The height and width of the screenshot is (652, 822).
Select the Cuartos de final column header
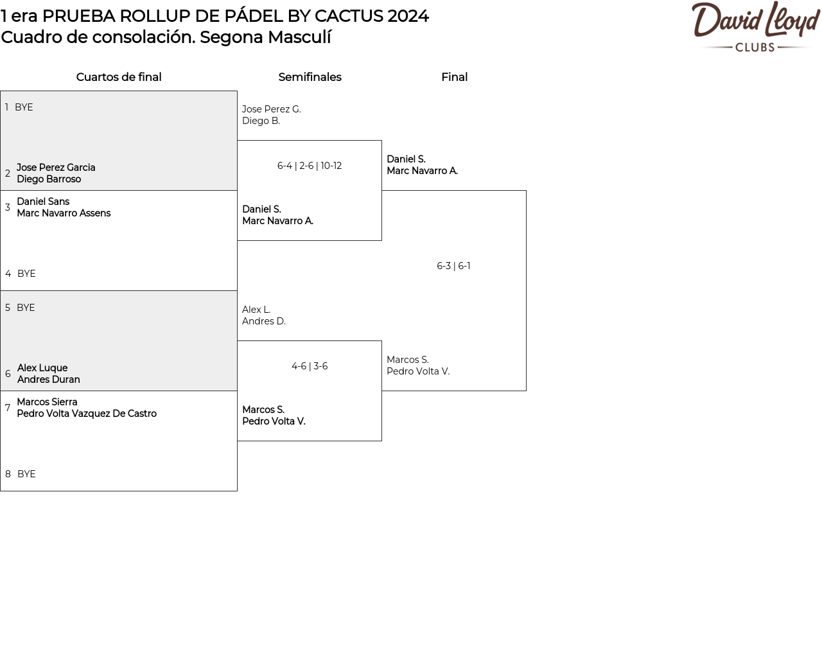(x=119, y=77)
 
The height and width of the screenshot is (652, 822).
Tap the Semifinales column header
(x=310, y=77)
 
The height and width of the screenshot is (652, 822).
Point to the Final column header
(x=454, y=77)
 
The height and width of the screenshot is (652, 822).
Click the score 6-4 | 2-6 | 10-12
(x=310, y=166)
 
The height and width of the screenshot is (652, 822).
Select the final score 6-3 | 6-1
(x=453, y=266)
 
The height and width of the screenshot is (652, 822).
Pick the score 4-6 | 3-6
(x=310, y=366)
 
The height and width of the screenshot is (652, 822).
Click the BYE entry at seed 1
(x=24, y=107)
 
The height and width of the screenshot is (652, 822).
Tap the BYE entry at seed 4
(x=26, y=274)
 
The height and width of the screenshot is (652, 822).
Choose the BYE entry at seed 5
(x=26, y=308)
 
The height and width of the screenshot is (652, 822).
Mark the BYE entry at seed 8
(x=26, y=474)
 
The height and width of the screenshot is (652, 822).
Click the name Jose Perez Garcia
(x=56, y=168)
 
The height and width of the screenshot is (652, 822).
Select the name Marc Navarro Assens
(x=64, y=213)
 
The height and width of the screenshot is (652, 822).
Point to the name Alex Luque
(x=42, y=368)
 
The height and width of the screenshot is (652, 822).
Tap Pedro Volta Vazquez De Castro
(x=87, y=414)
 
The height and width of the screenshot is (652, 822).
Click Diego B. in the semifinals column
(x=261, y=121)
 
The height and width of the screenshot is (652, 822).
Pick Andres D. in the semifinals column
(x=264, y=321)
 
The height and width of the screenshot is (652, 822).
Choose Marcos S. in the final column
(x=407, y=360)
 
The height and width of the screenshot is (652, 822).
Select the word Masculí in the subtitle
(x=299, y=37)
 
